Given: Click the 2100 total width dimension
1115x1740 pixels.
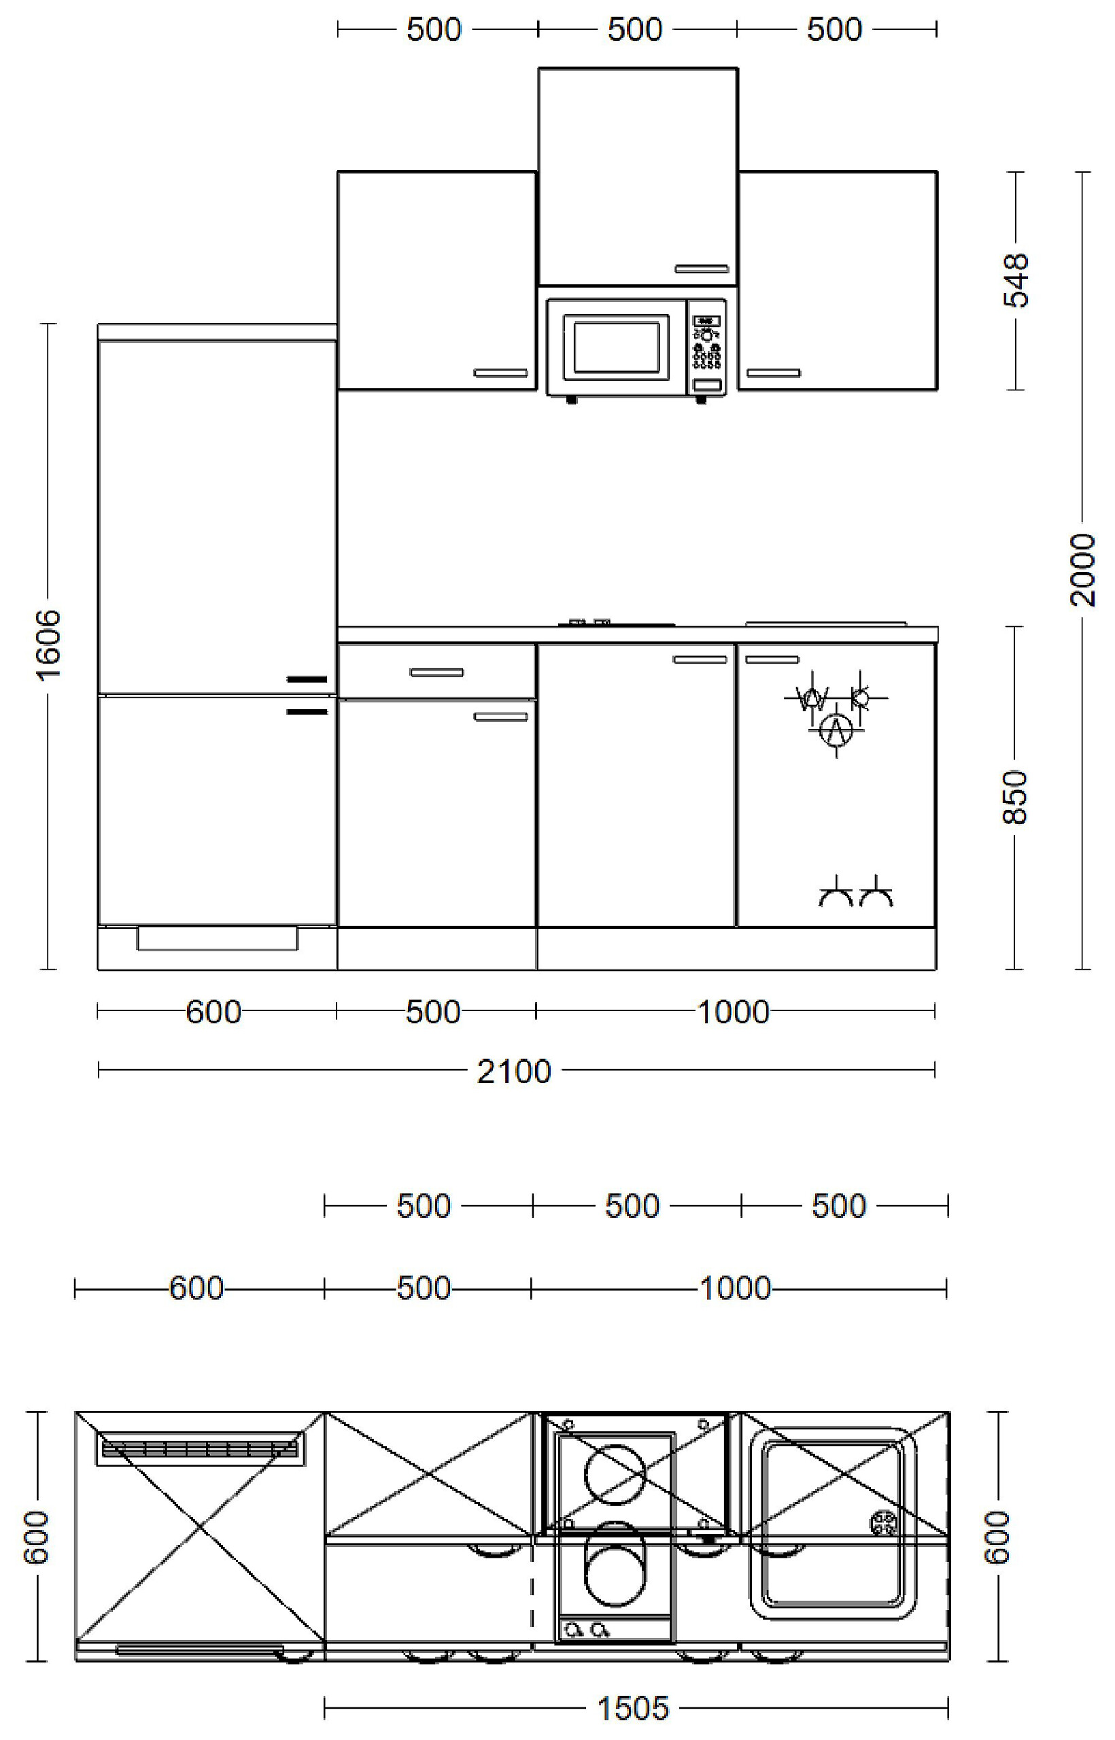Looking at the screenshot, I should click(513, 1071).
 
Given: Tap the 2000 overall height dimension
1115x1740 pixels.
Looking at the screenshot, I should click(1082, 570).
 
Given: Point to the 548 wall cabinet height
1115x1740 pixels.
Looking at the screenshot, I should click(1016, 280).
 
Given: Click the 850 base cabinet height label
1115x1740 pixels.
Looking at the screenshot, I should click(1015, 796).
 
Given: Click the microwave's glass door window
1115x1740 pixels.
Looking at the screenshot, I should click(616, 346).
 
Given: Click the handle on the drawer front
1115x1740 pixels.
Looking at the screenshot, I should click(436, 672).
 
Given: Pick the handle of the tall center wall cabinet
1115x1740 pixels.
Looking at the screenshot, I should click(702, 269).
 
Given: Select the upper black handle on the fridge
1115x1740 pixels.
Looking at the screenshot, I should click(307, 679).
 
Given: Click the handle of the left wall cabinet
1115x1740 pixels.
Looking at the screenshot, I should click(500, 373).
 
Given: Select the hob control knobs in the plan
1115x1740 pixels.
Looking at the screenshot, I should click(586, 1629).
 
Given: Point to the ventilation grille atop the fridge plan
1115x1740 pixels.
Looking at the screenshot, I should click(199, 1449).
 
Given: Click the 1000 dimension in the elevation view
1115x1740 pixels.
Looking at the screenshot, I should click(733, 1012).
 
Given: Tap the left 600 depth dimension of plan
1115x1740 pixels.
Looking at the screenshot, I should click(36, 1537).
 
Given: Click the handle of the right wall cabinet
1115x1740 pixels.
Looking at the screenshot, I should click(773, 373).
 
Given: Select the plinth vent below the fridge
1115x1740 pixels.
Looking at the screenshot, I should click(217, 938).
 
